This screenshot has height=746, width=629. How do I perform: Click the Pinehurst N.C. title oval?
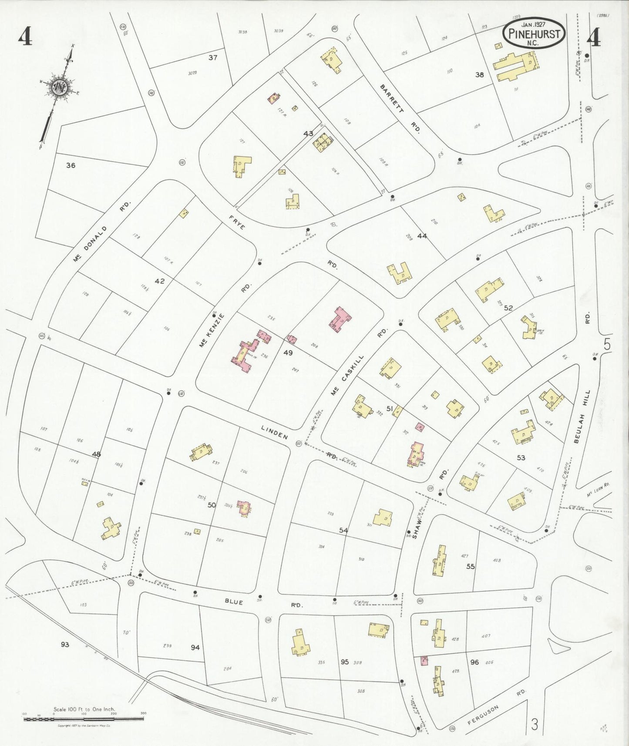534,33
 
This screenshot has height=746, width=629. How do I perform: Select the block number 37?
212,57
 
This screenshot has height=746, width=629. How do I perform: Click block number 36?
71,165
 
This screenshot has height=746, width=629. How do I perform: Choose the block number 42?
160,281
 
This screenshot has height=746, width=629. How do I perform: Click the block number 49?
288,353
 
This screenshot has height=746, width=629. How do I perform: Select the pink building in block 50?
244,508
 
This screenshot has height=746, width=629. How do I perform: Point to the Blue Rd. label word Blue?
234,602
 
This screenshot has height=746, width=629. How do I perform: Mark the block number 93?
65,644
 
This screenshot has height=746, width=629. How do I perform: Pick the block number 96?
474,662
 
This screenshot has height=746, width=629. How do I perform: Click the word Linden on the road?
274,432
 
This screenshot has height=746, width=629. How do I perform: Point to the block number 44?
422,236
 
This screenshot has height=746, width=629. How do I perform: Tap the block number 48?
96,454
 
